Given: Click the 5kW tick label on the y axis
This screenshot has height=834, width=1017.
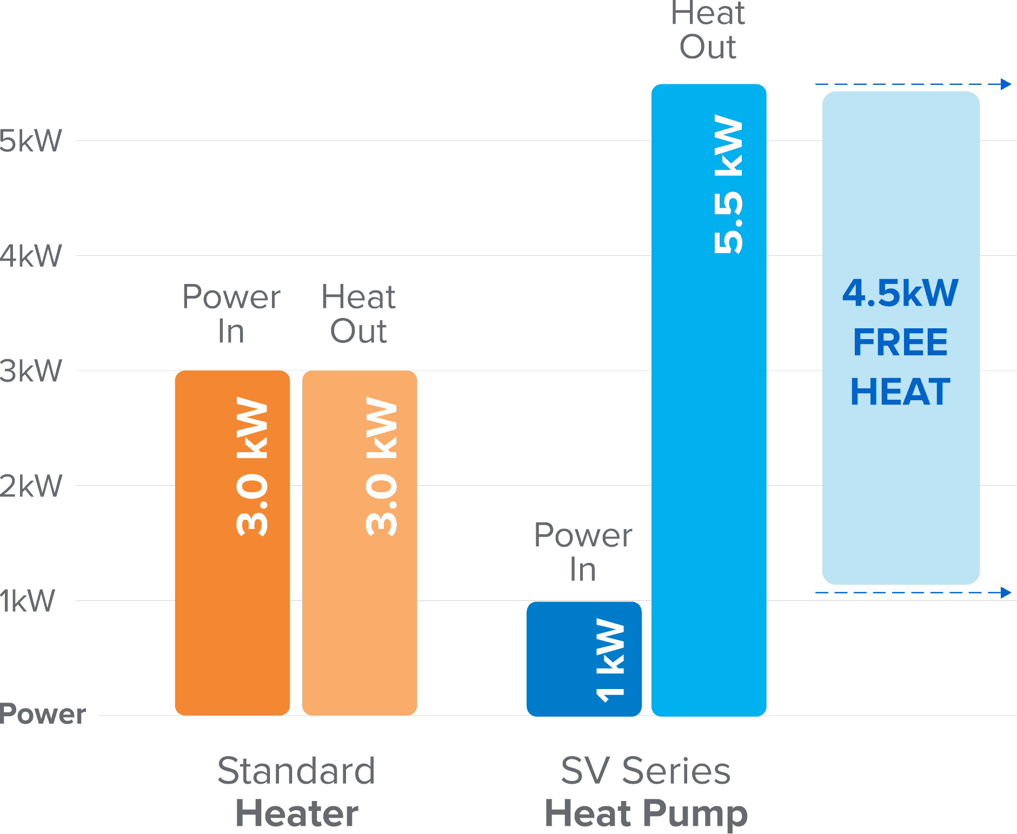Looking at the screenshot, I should [31, 141].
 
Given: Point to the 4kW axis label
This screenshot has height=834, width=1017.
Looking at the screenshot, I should [31, 256].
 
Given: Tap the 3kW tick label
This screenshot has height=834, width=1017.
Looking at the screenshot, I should [31, 371].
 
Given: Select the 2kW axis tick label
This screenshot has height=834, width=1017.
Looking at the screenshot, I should [31, 486].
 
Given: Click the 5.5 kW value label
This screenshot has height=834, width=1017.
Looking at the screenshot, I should [728, 184].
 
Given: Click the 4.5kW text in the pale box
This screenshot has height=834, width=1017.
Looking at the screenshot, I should [900, 293].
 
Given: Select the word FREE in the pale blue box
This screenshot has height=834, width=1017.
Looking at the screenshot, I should [900, 342].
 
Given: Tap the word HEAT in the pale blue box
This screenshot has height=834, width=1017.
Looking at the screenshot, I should [900, 392].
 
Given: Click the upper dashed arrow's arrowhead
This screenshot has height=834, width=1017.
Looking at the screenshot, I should [1006, 84].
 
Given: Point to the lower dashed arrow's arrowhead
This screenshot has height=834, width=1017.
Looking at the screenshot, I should [1006, 592].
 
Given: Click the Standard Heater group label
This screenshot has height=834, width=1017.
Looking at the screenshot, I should [297, 792].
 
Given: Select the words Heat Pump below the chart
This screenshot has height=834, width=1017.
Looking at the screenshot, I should [646, 813].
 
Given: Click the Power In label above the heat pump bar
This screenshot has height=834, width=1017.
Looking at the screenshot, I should [583, 552].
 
